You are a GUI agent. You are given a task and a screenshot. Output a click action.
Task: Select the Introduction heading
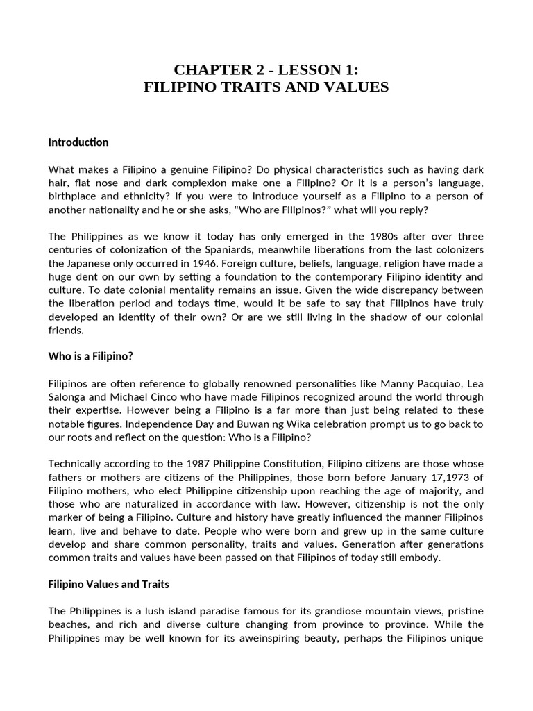coord(78,142)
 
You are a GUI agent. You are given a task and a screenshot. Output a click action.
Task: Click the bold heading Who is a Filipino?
coord(90,356)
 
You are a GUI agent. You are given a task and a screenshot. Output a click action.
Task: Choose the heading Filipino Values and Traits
coord(108,585)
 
